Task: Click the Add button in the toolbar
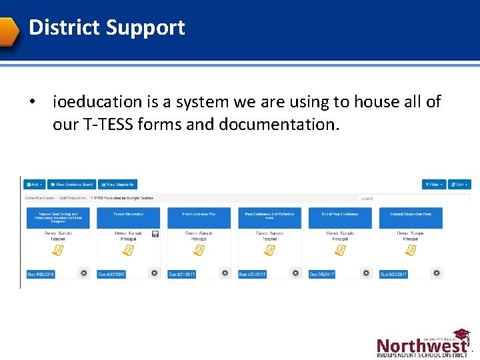(x=34, y=184)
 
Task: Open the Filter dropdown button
(x=433, y=184)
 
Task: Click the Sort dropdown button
(x=459, y=184)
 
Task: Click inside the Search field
(x=413, y=198)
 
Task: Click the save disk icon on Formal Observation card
(x=155, y=234)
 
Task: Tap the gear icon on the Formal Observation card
(x=154, y=273)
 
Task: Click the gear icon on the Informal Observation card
(x=436, y=273)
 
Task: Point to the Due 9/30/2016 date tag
(x=41, y=274)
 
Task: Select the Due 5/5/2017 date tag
(x=323, y=274)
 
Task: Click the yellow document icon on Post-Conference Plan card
(x=199, y=250)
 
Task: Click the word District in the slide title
(x=63, y=27)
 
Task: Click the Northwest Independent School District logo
(x=423, y=344)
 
